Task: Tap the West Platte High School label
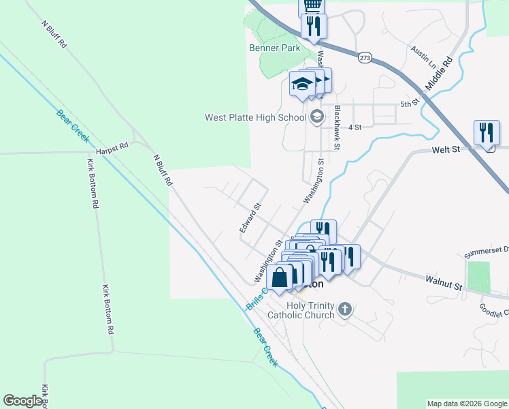[x=256, y=117]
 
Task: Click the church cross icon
[x=345, y=310]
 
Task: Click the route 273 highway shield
[x=366, y=57]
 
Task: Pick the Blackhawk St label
[x=336, y=127]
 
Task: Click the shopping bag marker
[x=280, y=277]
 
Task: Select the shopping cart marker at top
[x=312, y=5]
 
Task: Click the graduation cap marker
[x=302, y=84]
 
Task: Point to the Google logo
[x=22, y=401]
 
